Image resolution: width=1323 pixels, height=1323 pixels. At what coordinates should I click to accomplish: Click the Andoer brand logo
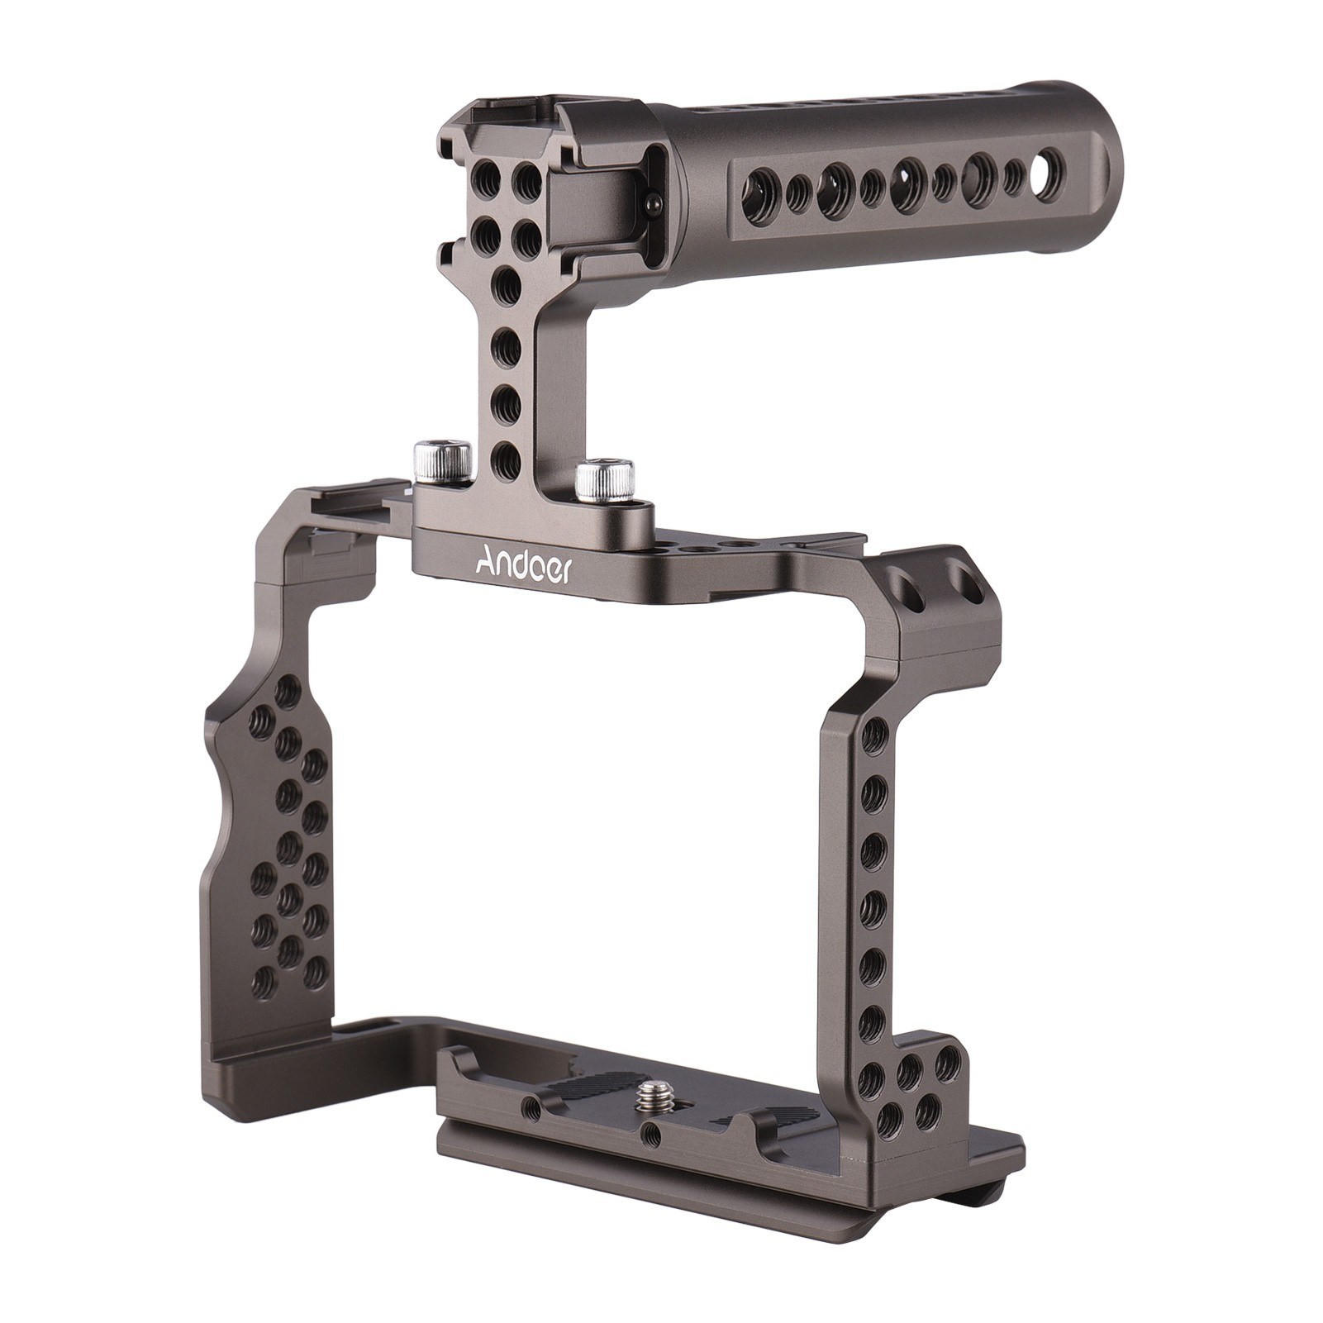click(521, 568)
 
